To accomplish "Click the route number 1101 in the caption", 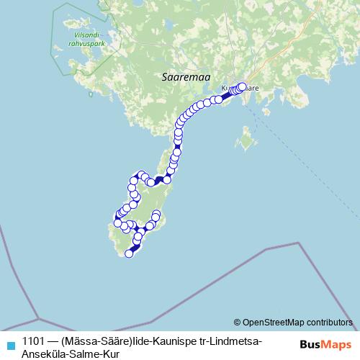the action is pyautogui.click(x=35, y=341).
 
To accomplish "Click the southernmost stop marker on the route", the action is pyautogui.click(x=129, y=253).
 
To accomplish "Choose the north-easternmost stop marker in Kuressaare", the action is pyautogui.click(x=242, y=86).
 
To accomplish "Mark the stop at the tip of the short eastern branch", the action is pyautogui.click(x=156, y=215).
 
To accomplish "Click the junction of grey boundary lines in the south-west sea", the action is pyautogui.click(x=38, y=318).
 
